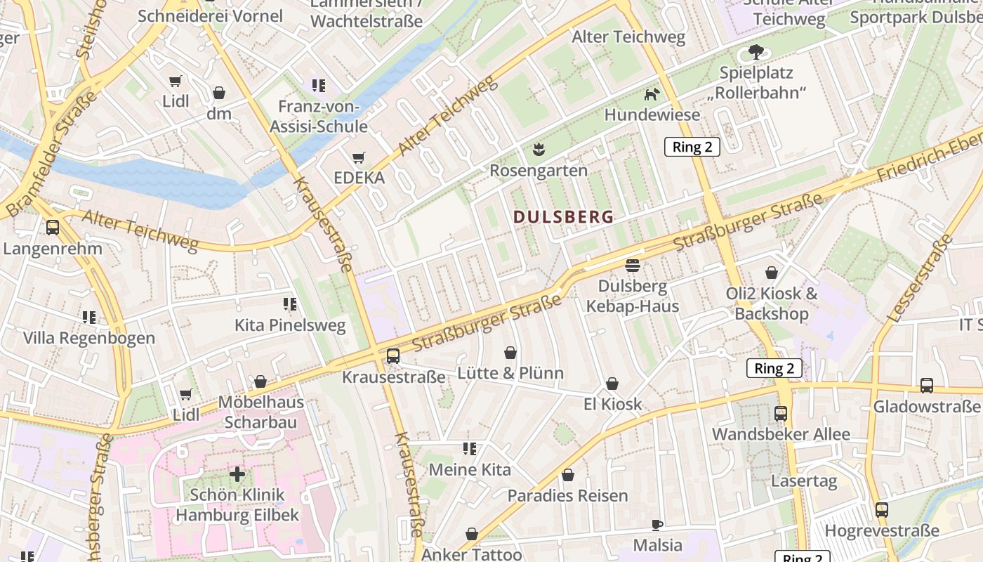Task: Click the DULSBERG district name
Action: pos(563,216)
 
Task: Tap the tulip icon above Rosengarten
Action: pos(539,149)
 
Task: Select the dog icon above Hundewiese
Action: pos(652,94)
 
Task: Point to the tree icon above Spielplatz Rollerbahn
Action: pos(756,51)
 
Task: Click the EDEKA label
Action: pos(359,178)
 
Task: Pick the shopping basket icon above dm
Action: pos(219,93)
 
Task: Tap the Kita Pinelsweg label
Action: pos(290,325)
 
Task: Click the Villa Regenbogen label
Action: pos(89,338)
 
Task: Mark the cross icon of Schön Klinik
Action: pos(237,474)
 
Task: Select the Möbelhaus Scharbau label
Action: pos(260,412)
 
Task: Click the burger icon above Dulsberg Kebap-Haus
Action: pos(633,266)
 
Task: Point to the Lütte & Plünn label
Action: pos(510,373)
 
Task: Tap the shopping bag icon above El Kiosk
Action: pos(612,384)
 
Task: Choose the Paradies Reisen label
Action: pos(567,495)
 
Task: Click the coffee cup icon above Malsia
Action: pos(657,525)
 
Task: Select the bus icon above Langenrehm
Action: pos(53,228)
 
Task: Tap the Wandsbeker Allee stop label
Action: pos(781,434)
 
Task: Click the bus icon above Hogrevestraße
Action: pos(882,510)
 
